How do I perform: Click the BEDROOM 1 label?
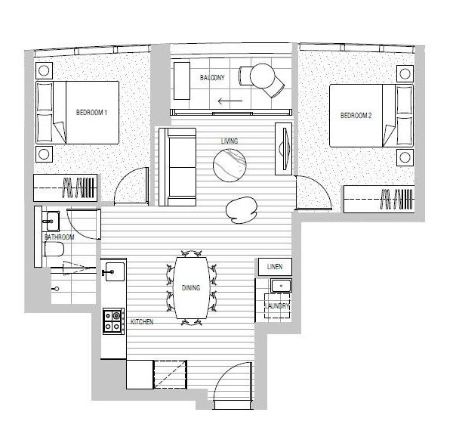[91, 112]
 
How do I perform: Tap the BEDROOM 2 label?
[356, 116]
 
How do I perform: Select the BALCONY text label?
[212, 77]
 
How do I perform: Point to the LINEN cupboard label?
[275, 266]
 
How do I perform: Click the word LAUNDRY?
[277, 305]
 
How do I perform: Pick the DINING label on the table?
[191, 288]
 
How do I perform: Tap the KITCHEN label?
[142, 322]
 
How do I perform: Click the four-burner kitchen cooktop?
[114, 321]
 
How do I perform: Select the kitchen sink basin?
[115, 271]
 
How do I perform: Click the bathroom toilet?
[54, 250]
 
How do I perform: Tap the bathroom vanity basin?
[51, 221]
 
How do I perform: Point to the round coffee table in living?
[230, 165]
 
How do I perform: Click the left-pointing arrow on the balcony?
[230, 101]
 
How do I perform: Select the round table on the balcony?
[262, 76]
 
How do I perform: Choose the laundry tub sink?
[281, 286]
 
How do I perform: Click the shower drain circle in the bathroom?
[57, 289]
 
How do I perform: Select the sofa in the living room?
[177, 167]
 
